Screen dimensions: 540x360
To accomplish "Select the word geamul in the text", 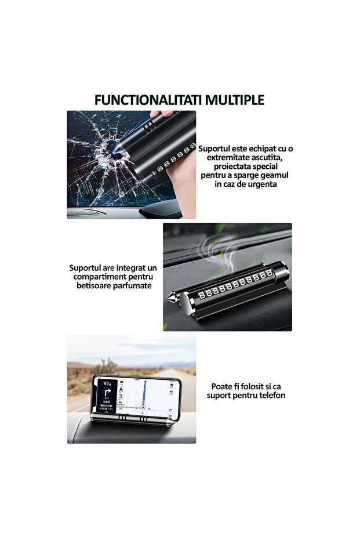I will [274, 175].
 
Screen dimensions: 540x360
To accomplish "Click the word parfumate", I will [132, 286].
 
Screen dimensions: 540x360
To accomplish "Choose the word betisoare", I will [93, 286].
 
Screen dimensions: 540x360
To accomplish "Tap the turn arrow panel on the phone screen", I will [108, 397].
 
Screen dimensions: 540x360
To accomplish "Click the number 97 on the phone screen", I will [106, 383].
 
